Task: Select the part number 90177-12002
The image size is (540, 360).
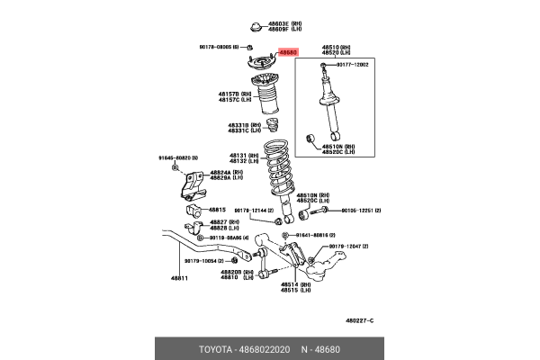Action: (353, 65)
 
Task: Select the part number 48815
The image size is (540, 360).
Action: (217, 209)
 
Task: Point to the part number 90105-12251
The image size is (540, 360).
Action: (360, 210)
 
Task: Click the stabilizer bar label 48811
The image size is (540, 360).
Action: (179, 279)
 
